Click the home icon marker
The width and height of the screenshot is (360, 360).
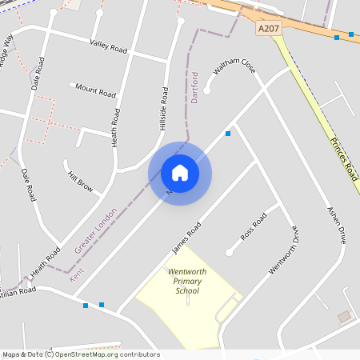pyautogui.click(x=180, y=173)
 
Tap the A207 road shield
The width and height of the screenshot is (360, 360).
pyautogui.click(x=269, y=28)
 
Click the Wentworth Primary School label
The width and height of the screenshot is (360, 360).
pyautogui.click(x=187, y=282)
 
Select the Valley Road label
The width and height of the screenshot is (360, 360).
pyautogui.click(x=109, y=48)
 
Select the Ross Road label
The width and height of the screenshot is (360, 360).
pyautogui.click(x=254, y=228)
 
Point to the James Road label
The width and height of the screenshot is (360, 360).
pyautogui.click(x=186, y=239)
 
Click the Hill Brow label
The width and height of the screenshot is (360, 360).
pyautogui.click(x=80, y=182)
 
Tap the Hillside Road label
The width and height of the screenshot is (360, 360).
pyautogui.click(x=164, y=109)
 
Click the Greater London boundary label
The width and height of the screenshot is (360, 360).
pyautogui.click(x=95, y=231)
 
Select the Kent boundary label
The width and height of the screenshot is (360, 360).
pyautogui.click(x=77, y=274)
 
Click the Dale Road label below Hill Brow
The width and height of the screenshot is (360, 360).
pyautogui.click(x=29, y=185)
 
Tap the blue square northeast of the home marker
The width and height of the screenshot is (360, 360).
pyautogui.click(x=228, y=134)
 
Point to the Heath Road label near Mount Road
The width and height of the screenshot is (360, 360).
pyautogui.click(x=117, y=127)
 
